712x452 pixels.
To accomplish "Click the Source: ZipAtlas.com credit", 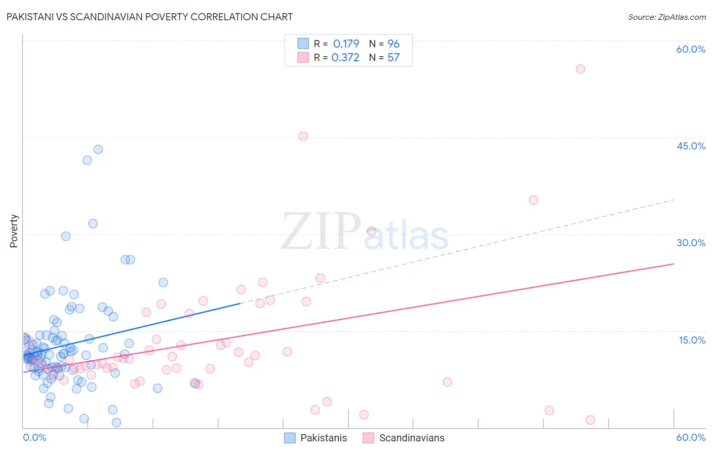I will pyautogui.click(x=666, y=17).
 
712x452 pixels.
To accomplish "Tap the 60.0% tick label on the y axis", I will pyautogui.click(x=691, y=49).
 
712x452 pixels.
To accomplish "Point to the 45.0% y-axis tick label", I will pyautogui.click(x=691, y=146).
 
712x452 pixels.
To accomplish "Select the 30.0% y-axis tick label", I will pyautogui.click(x=691, y=243).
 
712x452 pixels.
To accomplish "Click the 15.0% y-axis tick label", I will pyautogui.click(x=692, y=340).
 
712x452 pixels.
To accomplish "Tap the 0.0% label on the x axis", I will pyautogui.click(x=34, y=437).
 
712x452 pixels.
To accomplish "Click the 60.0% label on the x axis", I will pyautogui.click(x=691, y=437).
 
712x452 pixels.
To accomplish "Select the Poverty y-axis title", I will pyautogui.click(x=14, y=231).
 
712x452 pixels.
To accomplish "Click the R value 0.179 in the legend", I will pyautogui.click(x=346, y=44).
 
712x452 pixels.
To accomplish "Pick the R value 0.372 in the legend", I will pyautogui.click(x=345, y=58).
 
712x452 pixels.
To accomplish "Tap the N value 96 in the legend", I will pyautogui.click(x=393, y=44).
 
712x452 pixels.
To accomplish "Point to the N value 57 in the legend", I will pyautogui.click(x=393, y=58).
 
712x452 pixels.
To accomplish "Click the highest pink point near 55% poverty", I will pyautogui.click(x=580, y=69).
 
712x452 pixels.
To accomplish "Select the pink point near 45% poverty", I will pyautogui.click(x=303, y=136).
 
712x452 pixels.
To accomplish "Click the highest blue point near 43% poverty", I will pyautogui.click(x=98, y=149).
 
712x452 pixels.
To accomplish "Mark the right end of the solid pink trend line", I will pyautogui.click(x=674, y=263).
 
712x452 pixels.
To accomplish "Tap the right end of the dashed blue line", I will pyautogui.click(x=674, y=200).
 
